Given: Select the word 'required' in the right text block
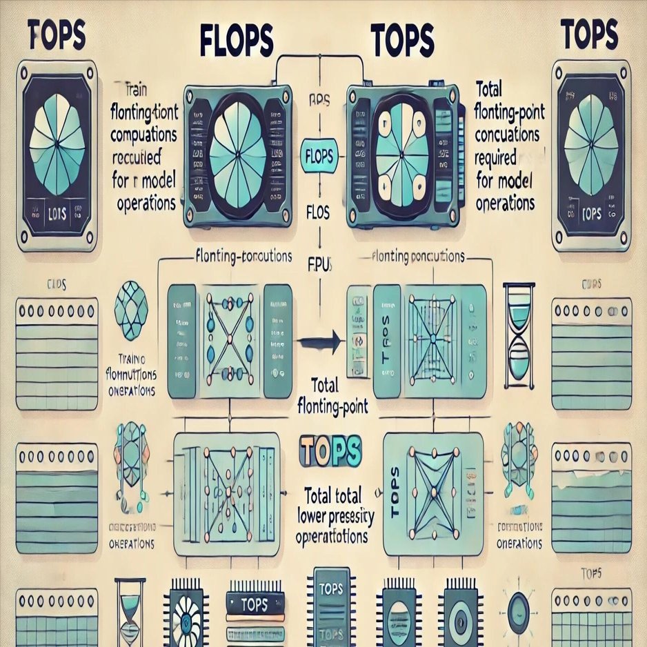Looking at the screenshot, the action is (495, 158).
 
